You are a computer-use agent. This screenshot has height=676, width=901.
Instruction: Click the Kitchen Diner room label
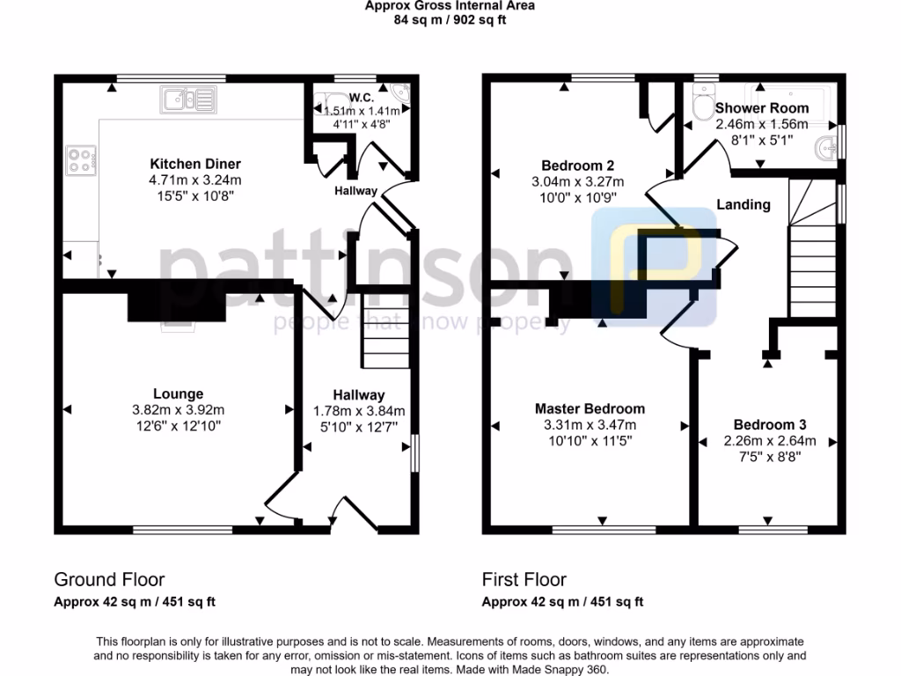point(195,165)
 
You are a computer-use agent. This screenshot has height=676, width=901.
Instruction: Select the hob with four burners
point(80,159)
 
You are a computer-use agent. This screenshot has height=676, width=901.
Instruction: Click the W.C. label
point(361,96)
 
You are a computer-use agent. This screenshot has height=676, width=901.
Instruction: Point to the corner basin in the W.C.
point(400,93)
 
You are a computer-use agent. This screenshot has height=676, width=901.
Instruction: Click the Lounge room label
point(178,394)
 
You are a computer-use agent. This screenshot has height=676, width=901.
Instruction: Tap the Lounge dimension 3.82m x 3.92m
point(178,410)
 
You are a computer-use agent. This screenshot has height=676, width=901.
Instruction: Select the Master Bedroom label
point(590,408)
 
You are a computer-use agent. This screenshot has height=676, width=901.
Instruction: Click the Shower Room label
point(762,108)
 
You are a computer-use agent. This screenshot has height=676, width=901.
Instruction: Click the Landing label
point(744,204)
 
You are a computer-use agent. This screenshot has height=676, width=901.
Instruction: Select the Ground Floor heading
point(109,579)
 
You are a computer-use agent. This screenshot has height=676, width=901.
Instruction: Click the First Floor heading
point(524,579)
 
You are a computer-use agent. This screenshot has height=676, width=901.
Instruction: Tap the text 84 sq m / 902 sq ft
point(450,19)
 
